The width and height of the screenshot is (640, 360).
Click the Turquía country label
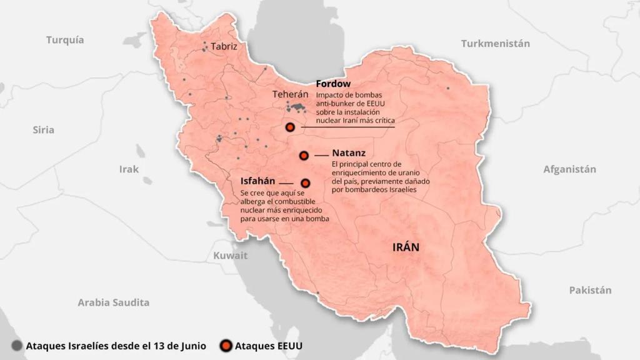65,40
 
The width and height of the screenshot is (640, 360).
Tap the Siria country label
44,130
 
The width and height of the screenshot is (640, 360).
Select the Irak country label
129,169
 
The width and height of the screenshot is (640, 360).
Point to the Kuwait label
231,256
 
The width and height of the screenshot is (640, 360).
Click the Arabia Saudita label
114,302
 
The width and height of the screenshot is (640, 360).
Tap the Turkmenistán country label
496,44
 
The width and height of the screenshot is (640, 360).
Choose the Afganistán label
569,169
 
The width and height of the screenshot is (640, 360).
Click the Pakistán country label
590,290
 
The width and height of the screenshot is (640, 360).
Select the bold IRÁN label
406,247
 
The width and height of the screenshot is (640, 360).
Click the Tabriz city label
224,46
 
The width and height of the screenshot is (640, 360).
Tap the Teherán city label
291,94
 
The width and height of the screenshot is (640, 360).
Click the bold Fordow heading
333,83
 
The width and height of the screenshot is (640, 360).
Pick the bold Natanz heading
349,152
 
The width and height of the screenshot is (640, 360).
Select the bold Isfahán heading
258,181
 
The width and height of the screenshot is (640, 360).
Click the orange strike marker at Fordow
290,127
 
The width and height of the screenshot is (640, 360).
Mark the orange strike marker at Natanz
304,155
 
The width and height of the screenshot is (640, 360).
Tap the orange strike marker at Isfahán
306,183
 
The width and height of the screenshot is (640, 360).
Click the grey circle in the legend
17,345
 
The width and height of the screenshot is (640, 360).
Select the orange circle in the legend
226,345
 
